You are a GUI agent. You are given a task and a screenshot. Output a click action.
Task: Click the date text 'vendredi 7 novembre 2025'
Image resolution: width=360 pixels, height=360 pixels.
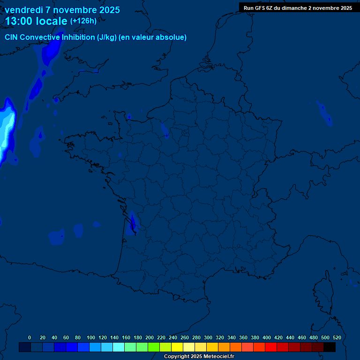tap(62, 10)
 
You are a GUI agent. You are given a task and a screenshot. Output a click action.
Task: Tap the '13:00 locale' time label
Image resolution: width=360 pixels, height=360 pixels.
tap(36, 21)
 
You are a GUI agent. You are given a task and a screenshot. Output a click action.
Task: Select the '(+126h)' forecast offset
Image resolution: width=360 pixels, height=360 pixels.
tap(83, 21)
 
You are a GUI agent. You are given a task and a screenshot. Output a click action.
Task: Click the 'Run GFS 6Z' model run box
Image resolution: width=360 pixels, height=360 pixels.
tap(298, 8)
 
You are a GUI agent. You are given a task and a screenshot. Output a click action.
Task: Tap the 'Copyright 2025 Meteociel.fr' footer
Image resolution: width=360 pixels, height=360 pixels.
tap(199, 357)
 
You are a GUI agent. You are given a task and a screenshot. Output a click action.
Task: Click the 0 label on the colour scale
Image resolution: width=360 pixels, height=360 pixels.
tap(30, 337)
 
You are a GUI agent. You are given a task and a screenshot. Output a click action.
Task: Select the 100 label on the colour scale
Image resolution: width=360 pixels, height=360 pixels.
tap(91, 337)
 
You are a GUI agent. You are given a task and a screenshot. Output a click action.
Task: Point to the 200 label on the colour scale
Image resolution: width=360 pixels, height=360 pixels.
tap(150, 337)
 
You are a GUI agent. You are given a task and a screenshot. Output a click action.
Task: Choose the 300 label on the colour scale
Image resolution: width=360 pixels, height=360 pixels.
tap(208, 337)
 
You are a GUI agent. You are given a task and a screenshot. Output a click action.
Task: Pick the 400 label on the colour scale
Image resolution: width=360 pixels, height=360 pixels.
tap(267, 337)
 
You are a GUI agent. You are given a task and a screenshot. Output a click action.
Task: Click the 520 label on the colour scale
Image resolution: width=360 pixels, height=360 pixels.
tap(337, 337)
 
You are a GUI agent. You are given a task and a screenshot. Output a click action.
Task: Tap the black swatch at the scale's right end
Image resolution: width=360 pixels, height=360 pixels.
tap(330, 347)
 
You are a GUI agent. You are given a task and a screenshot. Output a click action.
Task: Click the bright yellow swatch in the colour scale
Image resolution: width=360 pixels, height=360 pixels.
tap(177, 347)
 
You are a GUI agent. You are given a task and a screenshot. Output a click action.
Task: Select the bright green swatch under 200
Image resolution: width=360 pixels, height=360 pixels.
tap(154, 347)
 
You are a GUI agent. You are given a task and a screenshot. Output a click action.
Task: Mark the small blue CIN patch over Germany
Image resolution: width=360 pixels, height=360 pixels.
tap(324, 112)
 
